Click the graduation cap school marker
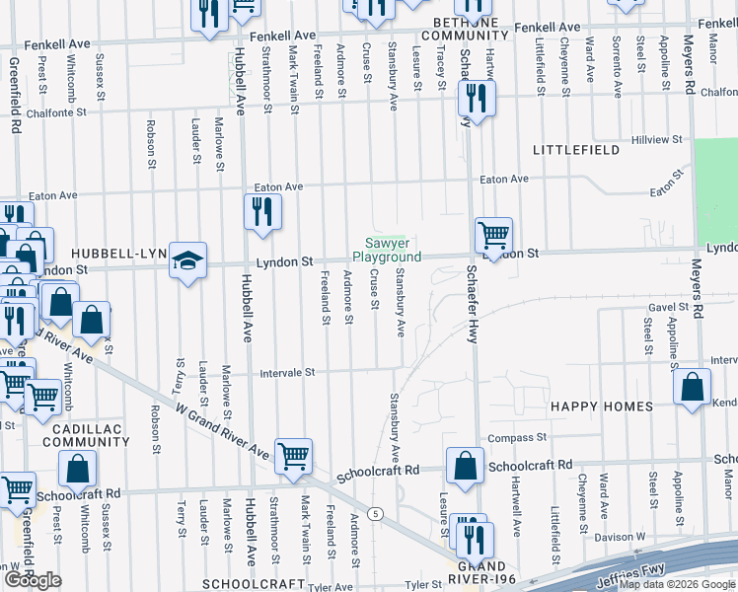187,260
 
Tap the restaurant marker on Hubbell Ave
262,212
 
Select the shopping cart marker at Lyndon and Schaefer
493,236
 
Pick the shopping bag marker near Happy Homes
692,387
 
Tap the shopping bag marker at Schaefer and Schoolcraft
465,467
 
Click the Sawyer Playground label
387,250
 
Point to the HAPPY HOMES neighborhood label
601,407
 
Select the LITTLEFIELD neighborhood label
575,150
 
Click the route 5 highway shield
375,513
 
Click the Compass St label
517,437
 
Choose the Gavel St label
667,307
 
